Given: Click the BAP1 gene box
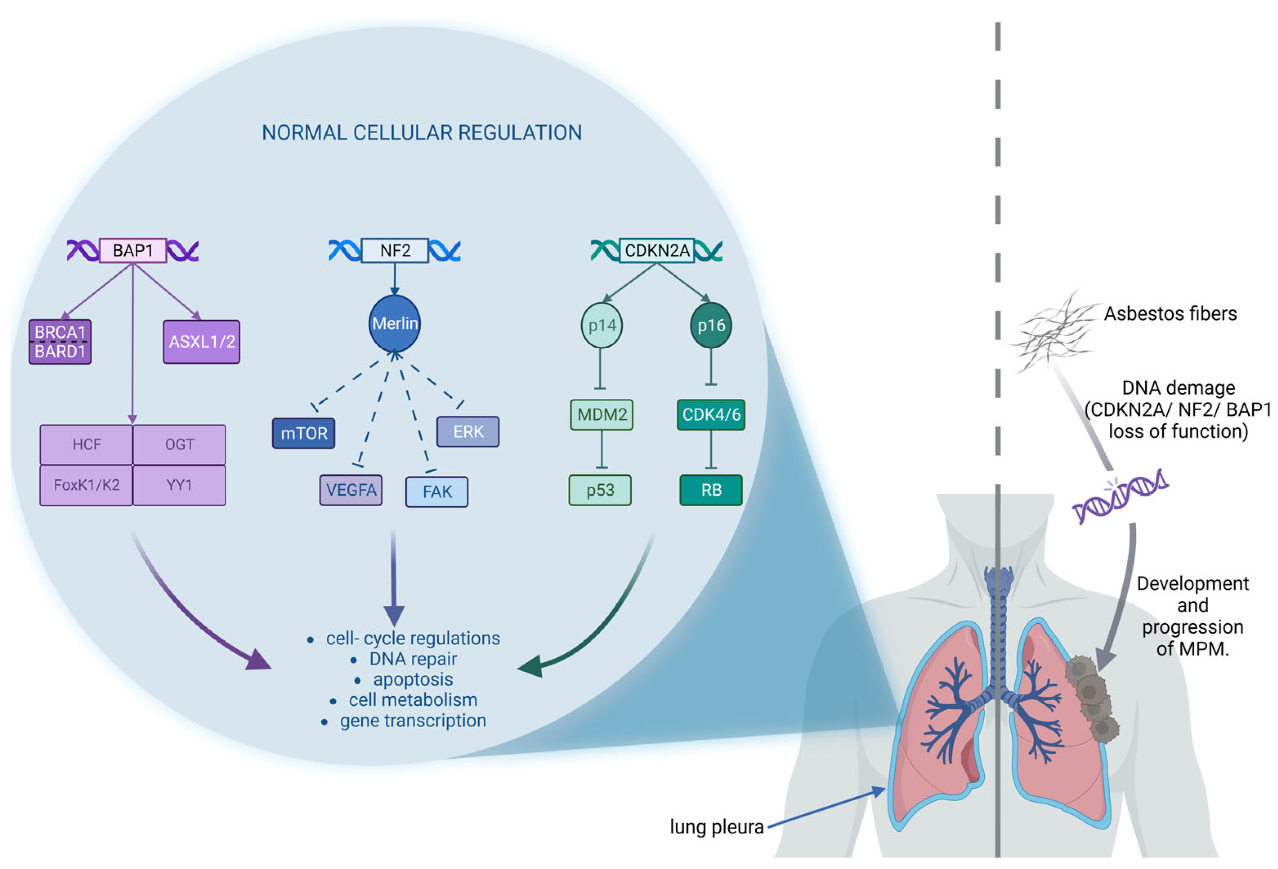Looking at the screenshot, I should [132, 251].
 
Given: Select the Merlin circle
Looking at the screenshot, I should [394, 324].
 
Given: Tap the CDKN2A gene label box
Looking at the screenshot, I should [656, 251].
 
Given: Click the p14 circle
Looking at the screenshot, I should [601, 326].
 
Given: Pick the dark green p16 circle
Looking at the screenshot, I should [710, 326].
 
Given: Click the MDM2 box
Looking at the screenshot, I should [601, 415].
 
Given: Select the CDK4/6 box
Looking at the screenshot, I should [710, 415].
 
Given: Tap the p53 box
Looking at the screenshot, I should [599, 490].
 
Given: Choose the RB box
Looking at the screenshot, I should [710, 490].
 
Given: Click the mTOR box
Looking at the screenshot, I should [304, 433].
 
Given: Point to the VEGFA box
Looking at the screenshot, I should [351, 490].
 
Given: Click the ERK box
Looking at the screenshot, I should [468, 432].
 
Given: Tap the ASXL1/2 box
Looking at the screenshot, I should [201, 342].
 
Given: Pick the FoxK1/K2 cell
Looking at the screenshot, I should [86, 485].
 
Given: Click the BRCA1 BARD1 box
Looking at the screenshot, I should [60, 342].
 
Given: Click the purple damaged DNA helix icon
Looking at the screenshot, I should [1119, 495].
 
